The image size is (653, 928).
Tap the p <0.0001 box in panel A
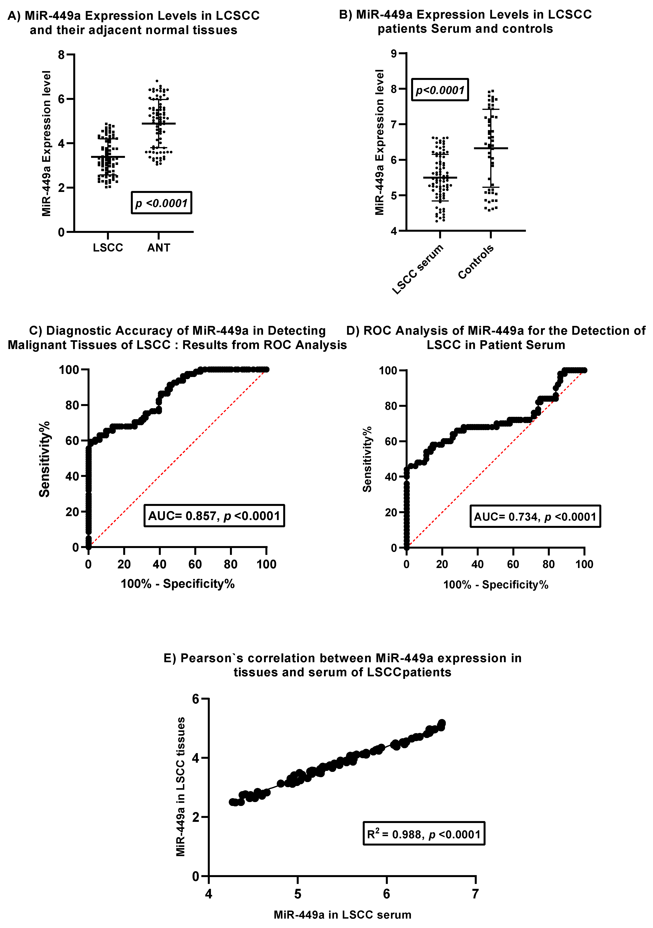tap(161, 203)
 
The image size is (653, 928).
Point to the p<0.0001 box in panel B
tap(440, 90)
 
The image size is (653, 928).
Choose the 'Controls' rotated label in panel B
tap(476, 262)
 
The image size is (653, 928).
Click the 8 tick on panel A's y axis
tap(62, 55)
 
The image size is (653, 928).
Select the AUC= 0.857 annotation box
tap(214, 516)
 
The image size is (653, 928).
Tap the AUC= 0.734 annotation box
tap(535, 516)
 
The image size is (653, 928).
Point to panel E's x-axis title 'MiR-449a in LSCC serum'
tap(342, 915)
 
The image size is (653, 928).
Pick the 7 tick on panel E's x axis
tap(476, 894)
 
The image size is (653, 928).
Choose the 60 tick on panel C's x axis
tap(195, 564)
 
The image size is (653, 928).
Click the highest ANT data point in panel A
tap(157, 81)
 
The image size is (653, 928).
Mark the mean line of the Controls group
tap(491, 148)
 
